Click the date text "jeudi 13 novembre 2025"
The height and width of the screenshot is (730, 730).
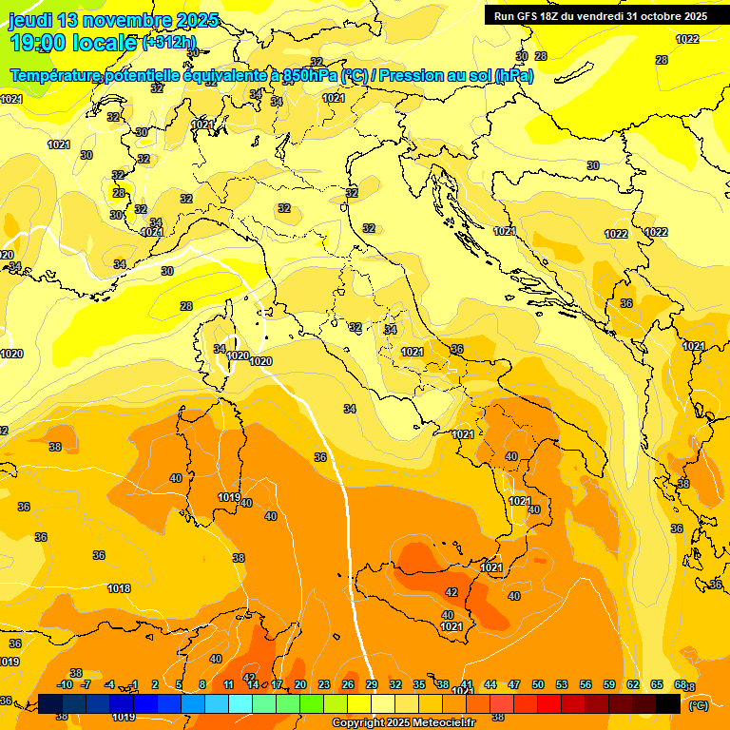(x=113, y=20)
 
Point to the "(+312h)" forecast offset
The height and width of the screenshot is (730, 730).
(x=168, y=43)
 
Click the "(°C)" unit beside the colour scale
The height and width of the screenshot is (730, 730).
(x=698, y=704)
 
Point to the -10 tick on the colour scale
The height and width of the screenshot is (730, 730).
(x=65, y=685)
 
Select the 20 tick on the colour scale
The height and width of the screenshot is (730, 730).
(x=300, y=685)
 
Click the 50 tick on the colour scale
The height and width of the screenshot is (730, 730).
(x=538, y=685)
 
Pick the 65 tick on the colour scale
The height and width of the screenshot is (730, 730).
(x=657, y=685)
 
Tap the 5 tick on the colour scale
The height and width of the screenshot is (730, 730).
(x=179, y=685)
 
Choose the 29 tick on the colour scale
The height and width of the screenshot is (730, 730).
(x=372, y=685)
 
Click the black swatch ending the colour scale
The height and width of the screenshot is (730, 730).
(x=668, y=703)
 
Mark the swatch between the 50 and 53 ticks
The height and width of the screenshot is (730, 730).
(x=549, y=703)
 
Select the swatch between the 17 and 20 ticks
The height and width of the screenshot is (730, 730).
(x=288, y=703)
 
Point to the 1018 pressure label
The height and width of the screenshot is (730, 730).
(x=119, y=589)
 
